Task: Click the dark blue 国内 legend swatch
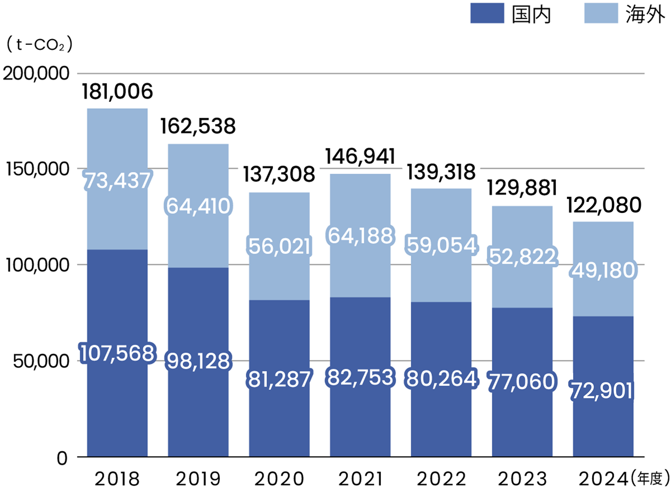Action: [488, 14]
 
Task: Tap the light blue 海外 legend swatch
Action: [602, 14]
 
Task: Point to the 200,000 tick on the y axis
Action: [36, 73]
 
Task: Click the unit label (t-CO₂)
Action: [38, 45]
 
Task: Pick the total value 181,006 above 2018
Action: [117, 91]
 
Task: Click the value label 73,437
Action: [117, 180]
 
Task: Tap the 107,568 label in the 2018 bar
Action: [116, 353]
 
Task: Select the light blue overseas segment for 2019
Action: [198, 179]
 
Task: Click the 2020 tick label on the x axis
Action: [278, 479]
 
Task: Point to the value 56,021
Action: [278, 246]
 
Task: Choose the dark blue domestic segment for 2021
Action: [360, 414]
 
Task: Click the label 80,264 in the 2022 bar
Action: [441, 378]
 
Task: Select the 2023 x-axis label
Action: [522, 479]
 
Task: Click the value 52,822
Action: [522, 256]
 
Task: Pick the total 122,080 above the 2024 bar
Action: [603, 205]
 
